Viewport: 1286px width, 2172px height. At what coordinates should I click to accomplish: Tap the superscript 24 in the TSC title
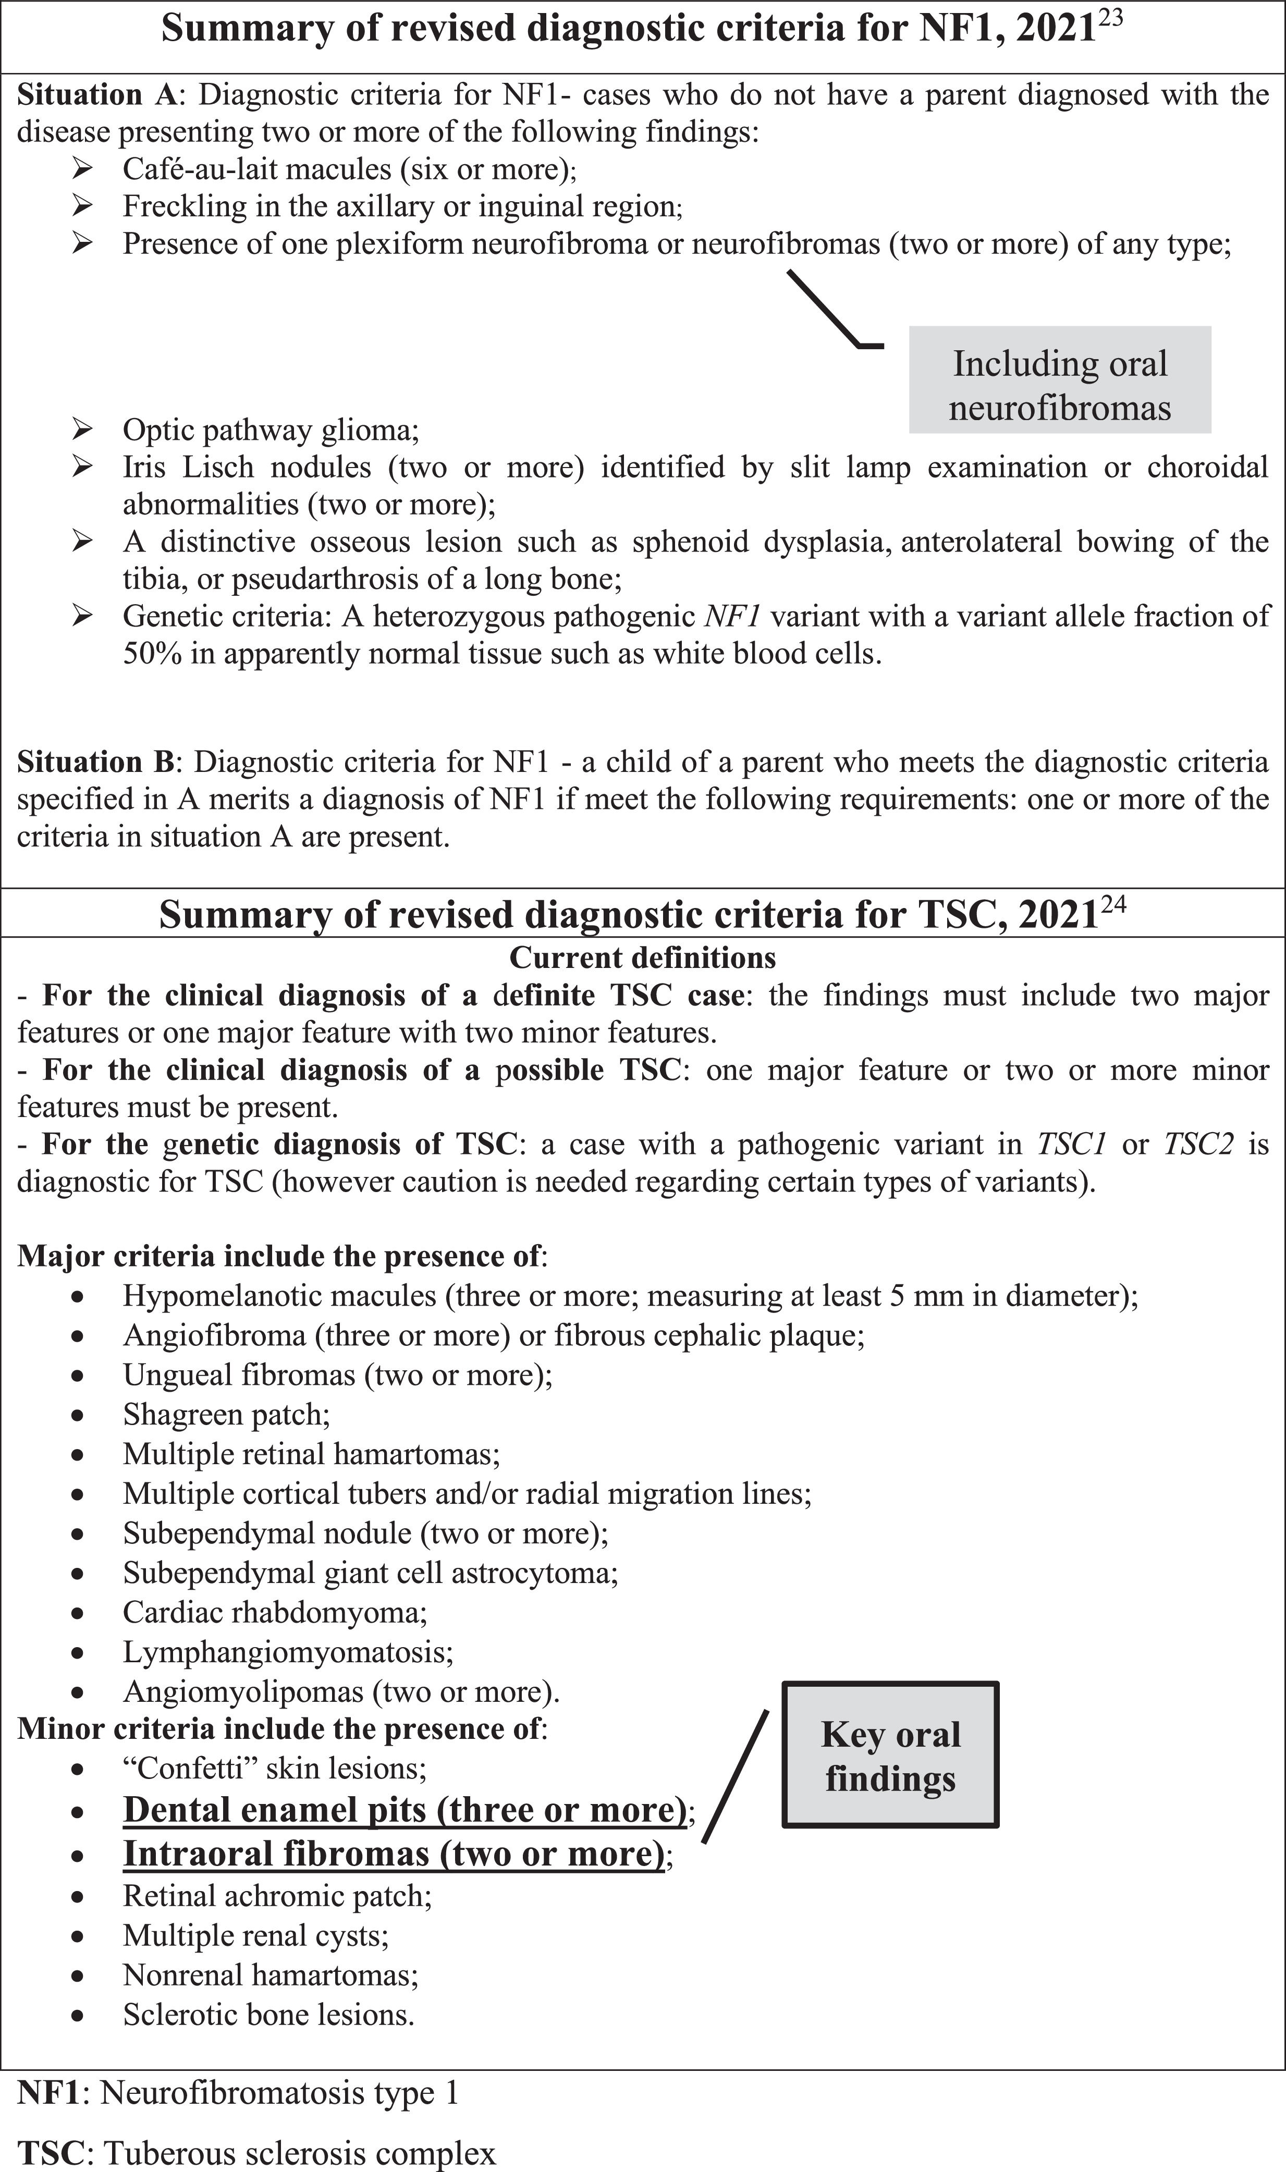[1113, 905]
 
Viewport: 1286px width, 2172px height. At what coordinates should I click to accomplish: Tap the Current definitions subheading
[642, 958]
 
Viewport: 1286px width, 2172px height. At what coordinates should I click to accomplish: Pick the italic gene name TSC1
[1072, 1145]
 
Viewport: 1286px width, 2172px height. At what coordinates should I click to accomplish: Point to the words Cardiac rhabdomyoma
[275, 1612]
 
